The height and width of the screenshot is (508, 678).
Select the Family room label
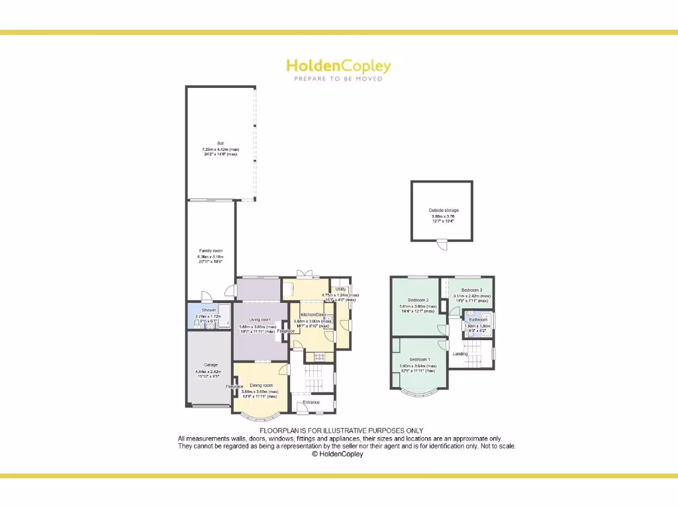click(211, 251)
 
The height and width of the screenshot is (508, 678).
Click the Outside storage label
click(443, 210)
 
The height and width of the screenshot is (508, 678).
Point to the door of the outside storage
click(442, 245)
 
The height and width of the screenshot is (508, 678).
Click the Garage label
click(211, 364)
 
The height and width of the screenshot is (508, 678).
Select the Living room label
click(260, 319)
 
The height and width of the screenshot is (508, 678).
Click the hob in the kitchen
click(319, 357)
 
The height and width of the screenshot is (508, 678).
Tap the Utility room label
click(341, 288)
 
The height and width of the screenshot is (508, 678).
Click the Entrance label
click(311, 402)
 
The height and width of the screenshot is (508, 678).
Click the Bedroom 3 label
click(471, 290)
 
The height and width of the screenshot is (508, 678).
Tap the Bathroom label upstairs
click(478, 319)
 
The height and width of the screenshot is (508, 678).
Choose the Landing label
click(460, 354)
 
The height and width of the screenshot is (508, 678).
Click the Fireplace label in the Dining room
click(234, 386)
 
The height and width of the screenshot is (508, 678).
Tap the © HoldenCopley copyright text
click(338, 454)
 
